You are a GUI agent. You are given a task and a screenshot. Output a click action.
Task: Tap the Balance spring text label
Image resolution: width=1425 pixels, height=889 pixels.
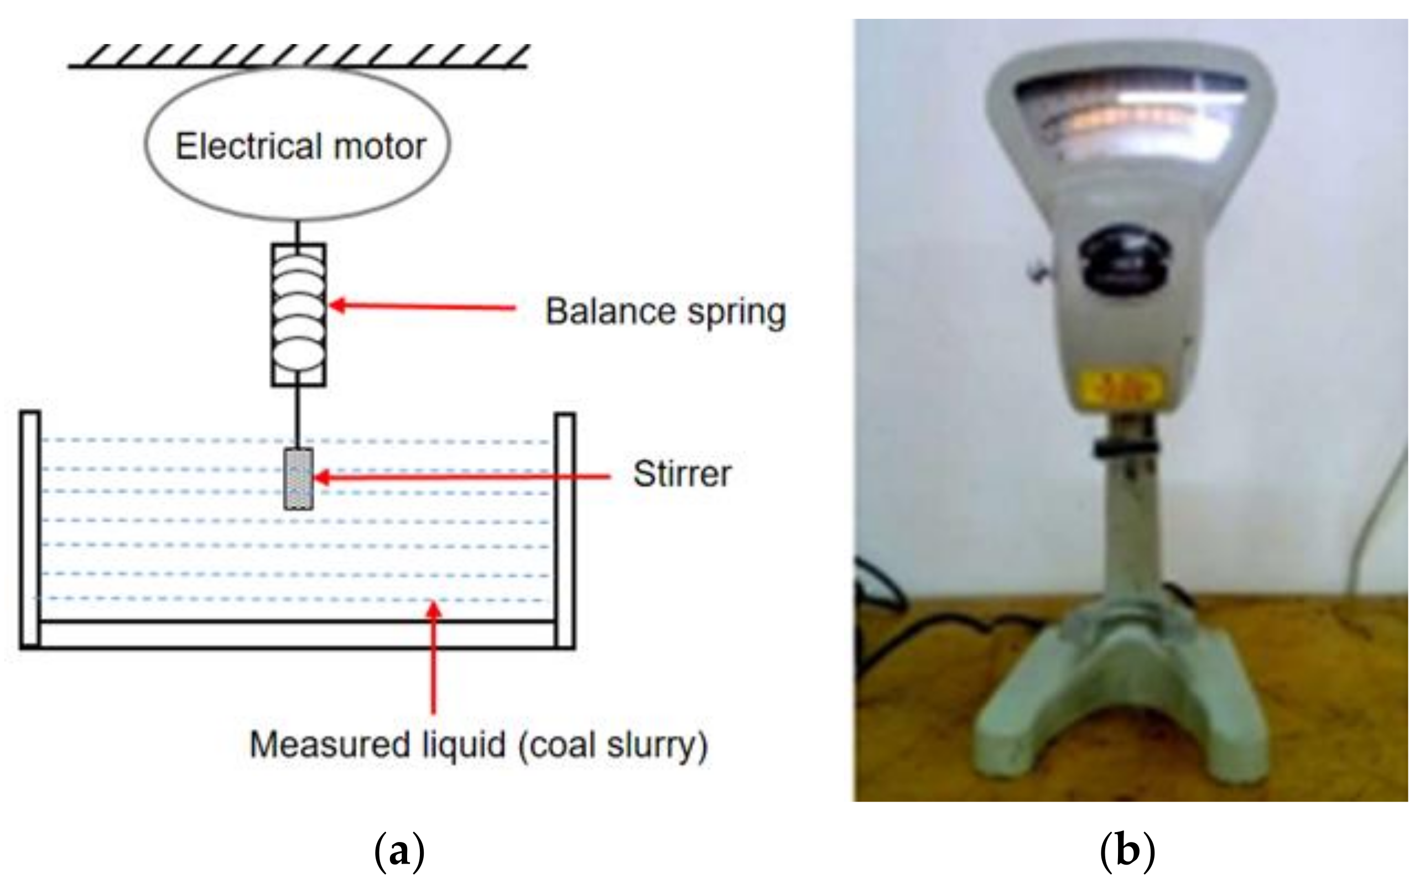(665, 312)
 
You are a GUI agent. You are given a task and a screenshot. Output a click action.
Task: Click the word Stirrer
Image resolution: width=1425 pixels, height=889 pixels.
(682, 474)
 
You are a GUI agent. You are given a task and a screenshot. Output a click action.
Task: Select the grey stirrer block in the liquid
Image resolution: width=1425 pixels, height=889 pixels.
(298, 479)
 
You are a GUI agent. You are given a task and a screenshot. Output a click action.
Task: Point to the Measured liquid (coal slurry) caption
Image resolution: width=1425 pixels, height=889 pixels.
(479, 746)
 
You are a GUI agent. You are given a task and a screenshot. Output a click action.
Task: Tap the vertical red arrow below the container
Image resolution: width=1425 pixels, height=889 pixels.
(434, 658)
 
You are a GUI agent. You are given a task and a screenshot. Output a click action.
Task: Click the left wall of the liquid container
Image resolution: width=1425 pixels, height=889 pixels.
(30, 530)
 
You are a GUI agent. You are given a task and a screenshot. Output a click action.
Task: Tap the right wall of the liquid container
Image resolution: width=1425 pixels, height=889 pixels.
(565, 531)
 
